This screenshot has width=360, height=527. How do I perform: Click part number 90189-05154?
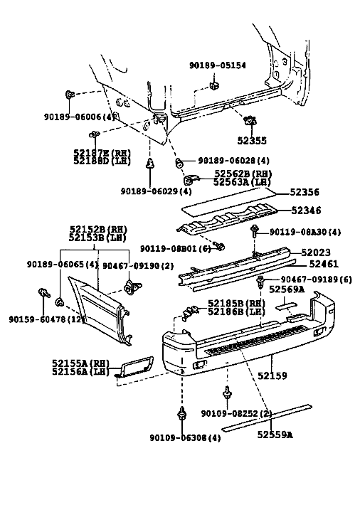(x=218, y=65)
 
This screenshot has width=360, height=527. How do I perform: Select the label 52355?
(x=252, y=141)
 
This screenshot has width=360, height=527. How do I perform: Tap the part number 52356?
(x=305, y=192)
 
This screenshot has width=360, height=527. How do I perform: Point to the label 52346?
(x=306, y=211)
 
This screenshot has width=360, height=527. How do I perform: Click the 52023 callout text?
(x=316, y=252)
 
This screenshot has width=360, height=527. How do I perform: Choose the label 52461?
(x=324, y=264)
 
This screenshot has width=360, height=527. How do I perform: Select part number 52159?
(x=272, y=376)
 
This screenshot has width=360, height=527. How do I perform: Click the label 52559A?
(x=275, y=435)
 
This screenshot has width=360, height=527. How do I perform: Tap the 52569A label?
(x=287, y=289)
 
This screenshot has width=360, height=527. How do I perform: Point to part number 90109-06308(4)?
(x=185, y=438)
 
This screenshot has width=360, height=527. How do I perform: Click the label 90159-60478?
(x=38, y=319)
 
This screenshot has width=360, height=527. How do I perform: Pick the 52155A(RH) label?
(x=81, y=363)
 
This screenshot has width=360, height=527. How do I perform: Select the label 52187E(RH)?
(x=102, y=153)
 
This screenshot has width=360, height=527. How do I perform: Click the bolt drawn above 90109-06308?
(x=182, y=412)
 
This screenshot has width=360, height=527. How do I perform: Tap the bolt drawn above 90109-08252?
(x=228, y=393)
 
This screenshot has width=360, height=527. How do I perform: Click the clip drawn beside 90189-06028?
(x=179, y=163)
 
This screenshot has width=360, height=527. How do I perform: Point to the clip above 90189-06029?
(x=149, y=164)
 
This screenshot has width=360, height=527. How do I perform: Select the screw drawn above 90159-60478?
(x=43, y=292)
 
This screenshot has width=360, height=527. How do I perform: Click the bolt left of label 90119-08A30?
(x=255, y=231)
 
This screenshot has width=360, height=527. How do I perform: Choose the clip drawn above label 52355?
(x=250, y=119)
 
